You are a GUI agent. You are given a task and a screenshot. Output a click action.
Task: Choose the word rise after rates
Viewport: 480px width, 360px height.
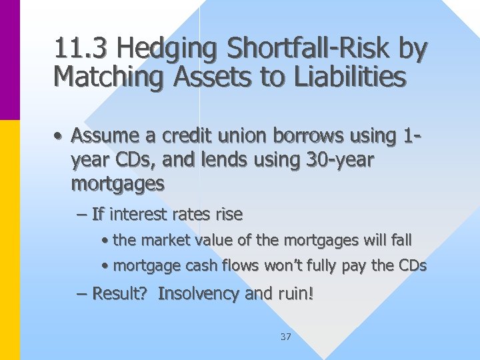[x=229, y=214]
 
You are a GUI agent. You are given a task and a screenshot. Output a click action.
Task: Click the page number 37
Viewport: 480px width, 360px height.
[x=285, y=337]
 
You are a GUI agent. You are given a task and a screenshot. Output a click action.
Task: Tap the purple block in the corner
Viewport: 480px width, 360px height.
[x=10, y=60]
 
